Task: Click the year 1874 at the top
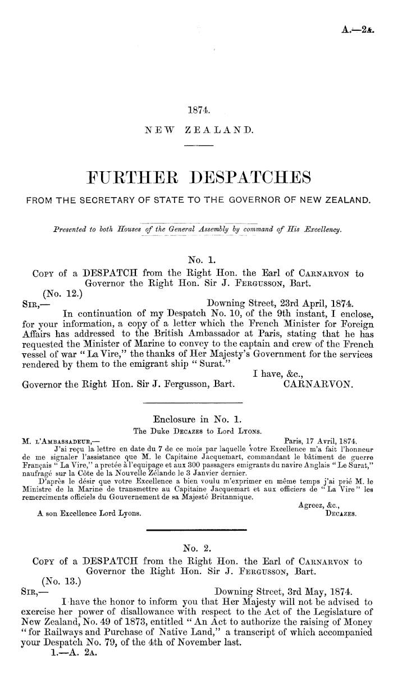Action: tap(196, 111)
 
